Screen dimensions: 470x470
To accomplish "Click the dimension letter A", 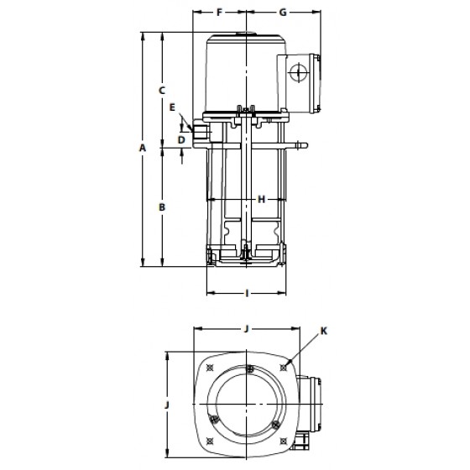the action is click(x=143, y=148).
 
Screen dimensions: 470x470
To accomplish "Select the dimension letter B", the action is click(x=162, y=207).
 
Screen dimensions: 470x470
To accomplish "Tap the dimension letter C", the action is click(x=162, y=91).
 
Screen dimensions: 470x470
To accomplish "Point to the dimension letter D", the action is click(x=181, y=139).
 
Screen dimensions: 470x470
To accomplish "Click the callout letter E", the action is click(x=172, y=107).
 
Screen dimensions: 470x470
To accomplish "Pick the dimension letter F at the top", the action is click(x=219, y=13).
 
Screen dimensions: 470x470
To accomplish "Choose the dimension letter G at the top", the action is click(x=283, y=13).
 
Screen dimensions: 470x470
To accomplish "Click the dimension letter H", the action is click(x=262, y=199).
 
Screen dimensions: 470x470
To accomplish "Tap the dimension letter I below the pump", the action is click(x=247, y=293).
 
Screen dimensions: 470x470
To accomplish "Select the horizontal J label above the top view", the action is click(x=247, y=329).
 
